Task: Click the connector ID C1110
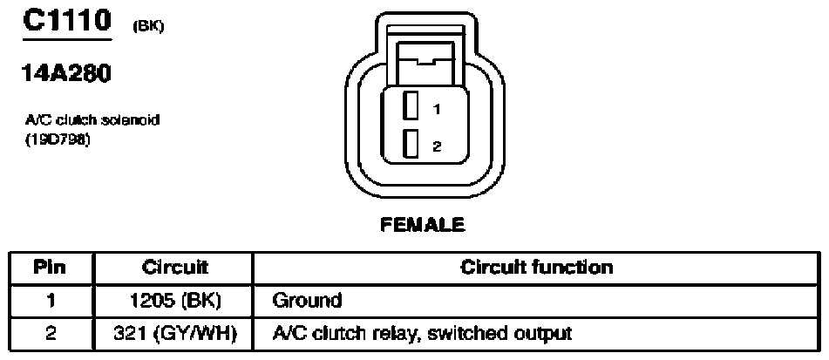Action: click(x=66, y=21)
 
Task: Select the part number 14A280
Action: click(x=65, y=74)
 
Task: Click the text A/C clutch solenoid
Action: click(x=92, y=120)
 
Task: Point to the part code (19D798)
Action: click(x=56, y=142)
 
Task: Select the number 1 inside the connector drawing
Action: click(x=436, y=110)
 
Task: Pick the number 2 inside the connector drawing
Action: click(x=437, y=147)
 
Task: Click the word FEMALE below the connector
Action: click(x=423, y=225)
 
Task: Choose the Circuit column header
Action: click(x=174, y=268)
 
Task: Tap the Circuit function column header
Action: click(x=537, y=268)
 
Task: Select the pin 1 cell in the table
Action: click(x=51, y=302)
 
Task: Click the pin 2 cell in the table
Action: click(x=50, y=334)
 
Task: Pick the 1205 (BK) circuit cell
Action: click(x=174, y=302)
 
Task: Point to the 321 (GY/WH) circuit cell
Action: click(x=174, y=334)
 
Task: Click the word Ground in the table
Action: click(x=307, y=302)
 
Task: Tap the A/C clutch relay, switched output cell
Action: click(x=422, y=334)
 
